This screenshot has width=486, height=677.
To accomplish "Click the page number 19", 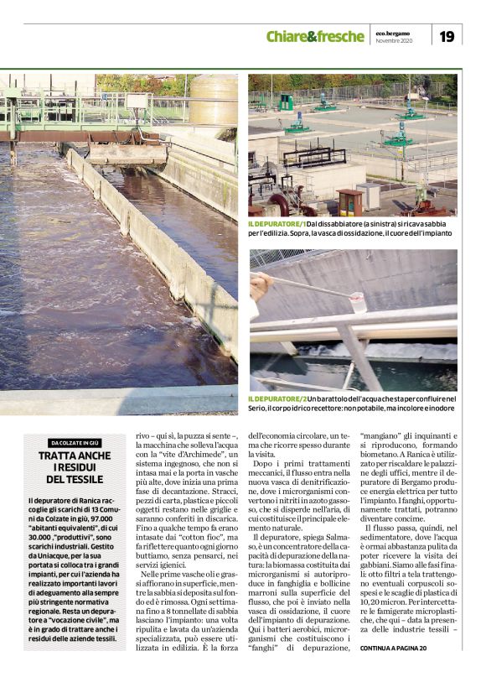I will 447,36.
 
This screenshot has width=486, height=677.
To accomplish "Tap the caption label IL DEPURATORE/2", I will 276,398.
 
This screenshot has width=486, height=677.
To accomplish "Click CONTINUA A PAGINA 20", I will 393,648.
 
